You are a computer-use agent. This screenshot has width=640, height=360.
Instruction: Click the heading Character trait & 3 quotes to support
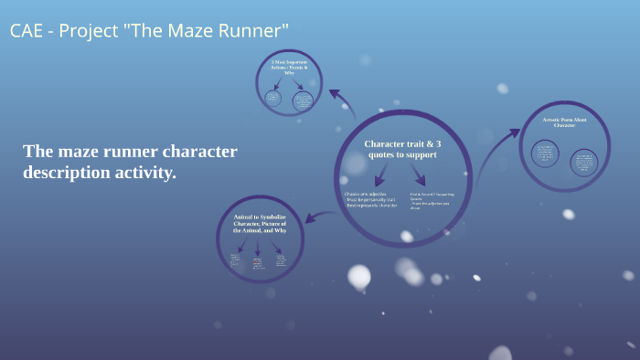402,150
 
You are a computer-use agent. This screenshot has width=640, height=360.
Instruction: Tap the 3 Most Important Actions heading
289,69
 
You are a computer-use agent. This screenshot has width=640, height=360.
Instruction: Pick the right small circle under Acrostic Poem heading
582,162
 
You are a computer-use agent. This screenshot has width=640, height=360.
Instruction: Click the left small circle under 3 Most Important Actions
272,98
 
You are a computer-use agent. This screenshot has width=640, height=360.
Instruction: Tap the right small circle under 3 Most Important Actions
303,101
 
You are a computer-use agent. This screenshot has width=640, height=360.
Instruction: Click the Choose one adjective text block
371,201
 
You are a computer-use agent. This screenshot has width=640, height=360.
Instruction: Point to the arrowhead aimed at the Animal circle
307,218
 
